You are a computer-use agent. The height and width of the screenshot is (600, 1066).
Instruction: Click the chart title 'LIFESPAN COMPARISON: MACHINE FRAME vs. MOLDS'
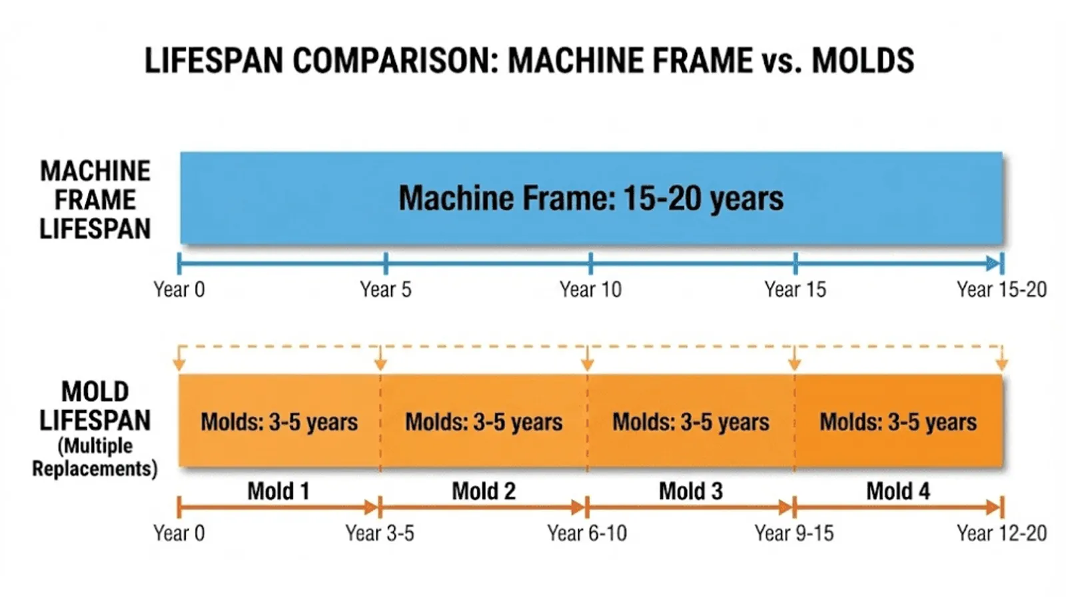529,61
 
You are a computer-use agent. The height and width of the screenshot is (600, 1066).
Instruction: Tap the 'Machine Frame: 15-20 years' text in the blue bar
591,199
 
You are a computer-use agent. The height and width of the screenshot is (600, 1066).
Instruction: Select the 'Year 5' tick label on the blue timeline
386,289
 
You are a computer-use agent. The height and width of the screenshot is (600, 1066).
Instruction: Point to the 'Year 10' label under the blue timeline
590,289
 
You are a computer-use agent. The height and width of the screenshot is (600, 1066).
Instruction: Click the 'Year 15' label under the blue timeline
795,289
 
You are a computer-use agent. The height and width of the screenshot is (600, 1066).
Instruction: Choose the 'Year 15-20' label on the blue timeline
1001,289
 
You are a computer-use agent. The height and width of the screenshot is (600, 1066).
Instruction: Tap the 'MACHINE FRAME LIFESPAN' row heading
95,200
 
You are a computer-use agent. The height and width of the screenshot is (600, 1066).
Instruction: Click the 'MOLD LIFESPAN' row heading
95,406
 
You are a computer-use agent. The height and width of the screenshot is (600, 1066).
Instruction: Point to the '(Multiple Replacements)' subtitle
95,457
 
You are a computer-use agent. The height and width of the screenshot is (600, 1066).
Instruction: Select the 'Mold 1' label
278,491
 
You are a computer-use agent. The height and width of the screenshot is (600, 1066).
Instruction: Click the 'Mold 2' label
484,491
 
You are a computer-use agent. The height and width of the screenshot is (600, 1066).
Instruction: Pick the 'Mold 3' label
691,491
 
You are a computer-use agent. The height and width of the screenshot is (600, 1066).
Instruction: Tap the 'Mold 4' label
897,491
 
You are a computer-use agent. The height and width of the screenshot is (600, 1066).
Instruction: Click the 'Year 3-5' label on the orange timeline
380,533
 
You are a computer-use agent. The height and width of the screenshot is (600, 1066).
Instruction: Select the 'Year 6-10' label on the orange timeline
587,533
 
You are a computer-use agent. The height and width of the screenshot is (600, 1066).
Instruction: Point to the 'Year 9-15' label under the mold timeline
794,533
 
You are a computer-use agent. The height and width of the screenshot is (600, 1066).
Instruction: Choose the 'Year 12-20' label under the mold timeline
1001,533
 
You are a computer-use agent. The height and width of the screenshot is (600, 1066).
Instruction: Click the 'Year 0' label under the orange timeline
179,533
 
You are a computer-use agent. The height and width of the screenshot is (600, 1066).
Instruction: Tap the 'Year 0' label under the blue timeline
179,289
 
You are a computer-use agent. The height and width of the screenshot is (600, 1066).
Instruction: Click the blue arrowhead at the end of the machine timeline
993,263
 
